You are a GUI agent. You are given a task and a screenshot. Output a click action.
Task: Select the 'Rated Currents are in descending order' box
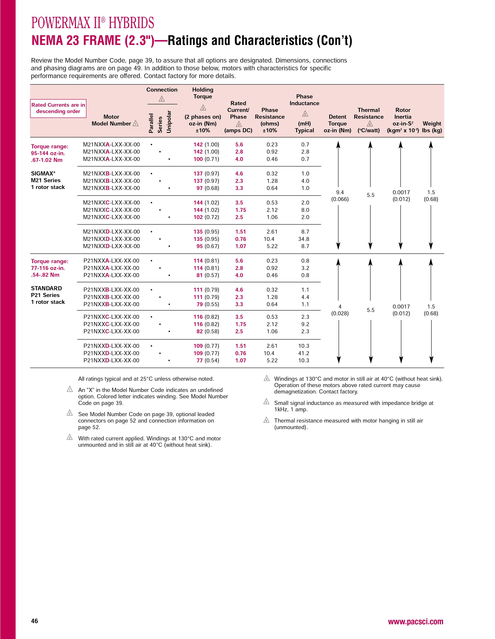[x=58, y=108]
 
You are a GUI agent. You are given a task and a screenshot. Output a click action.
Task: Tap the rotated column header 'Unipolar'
[x=169, y=122]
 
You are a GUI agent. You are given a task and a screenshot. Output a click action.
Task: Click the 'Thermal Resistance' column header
[x=368, y=113]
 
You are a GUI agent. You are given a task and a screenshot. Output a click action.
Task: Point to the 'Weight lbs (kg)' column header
[x=432, y=127]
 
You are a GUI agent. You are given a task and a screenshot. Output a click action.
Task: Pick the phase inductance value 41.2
[x=304, y=353]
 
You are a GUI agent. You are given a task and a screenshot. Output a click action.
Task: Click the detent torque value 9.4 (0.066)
[x=340, y=196]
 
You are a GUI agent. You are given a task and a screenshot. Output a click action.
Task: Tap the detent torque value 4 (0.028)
[x=340, y=310]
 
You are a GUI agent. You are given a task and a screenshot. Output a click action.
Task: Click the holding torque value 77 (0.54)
[x=208, y=361]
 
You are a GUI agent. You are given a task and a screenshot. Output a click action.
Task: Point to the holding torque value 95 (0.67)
[x=208, y=246]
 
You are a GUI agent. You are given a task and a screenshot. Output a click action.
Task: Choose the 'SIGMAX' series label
[x=43, y=173]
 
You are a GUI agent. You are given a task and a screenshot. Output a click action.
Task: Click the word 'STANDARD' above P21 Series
[x=46, y=288]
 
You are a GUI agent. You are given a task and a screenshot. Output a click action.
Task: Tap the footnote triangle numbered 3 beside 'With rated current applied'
[x=70, y=438]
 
